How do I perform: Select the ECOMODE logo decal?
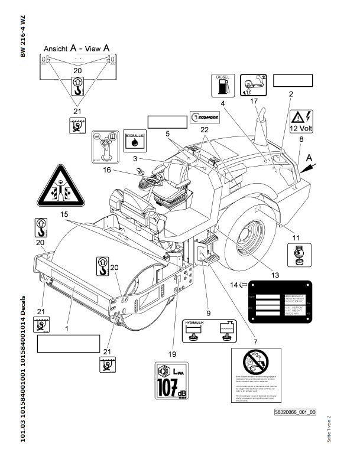(x=205, y=118)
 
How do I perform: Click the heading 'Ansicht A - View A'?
(x=77, y=49)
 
